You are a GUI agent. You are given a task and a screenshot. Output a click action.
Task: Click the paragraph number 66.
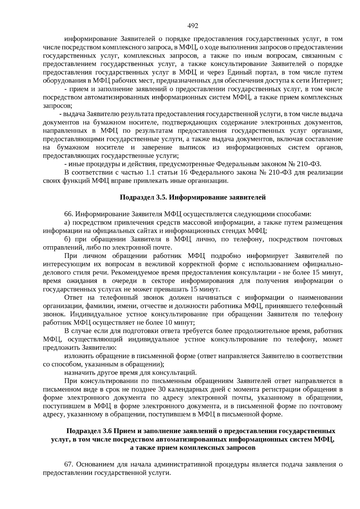(x=69, y=214)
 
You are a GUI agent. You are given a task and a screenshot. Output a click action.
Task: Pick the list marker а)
(x=67, y=223)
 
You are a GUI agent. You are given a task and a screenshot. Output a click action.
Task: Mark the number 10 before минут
(x=168, y=323)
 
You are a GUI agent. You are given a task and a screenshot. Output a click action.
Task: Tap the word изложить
(x=79, y=356)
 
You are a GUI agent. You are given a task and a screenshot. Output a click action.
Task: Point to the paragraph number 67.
(x=69, y=465)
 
